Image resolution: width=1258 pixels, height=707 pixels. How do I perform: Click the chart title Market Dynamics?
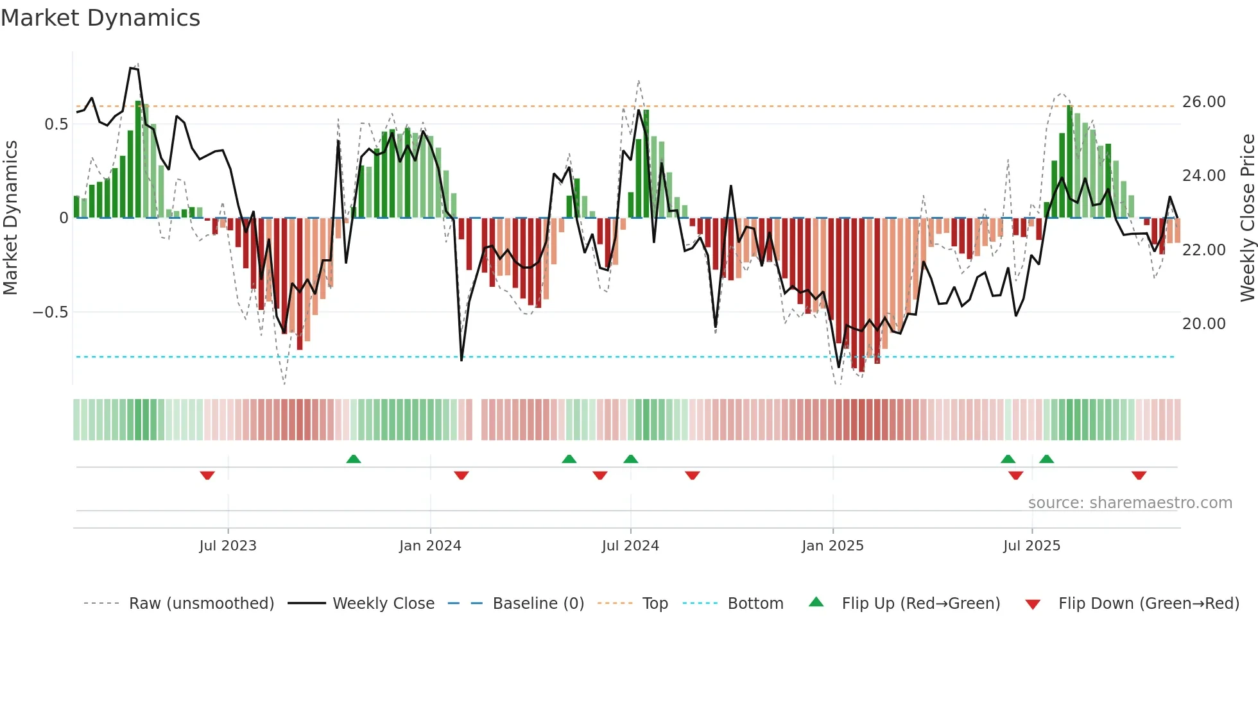click(100, 18)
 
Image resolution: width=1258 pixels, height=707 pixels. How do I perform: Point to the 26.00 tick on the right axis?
click(1203, 102)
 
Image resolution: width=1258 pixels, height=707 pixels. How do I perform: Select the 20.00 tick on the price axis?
click(1203, 324)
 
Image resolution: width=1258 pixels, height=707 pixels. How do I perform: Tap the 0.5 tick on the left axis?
click(56, 124)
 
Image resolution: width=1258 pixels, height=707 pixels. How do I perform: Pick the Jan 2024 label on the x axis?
click(429, 546)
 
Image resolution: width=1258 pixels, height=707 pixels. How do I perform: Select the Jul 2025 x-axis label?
click(1031, 546)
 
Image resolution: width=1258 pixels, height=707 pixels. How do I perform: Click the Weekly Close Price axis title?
click(1247, 217)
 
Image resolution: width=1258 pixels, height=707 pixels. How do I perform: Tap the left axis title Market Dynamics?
click(10, 217)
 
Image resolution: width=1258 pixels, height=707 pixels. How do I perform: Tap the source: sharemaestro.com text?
click(1130, 503)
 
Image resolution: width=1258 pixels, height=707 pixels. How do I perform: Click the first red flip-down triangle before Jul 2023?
click(207, 475)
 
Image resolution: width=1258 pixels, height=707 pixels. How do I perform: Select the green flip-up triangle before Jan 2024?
click(354, 459)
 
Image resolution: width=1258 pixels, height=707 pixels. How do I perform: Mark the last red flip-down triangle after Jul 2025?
click(1139, 475)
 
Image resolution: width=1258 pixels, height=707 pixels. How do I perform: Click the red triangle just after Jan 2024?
click(461, 475)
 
